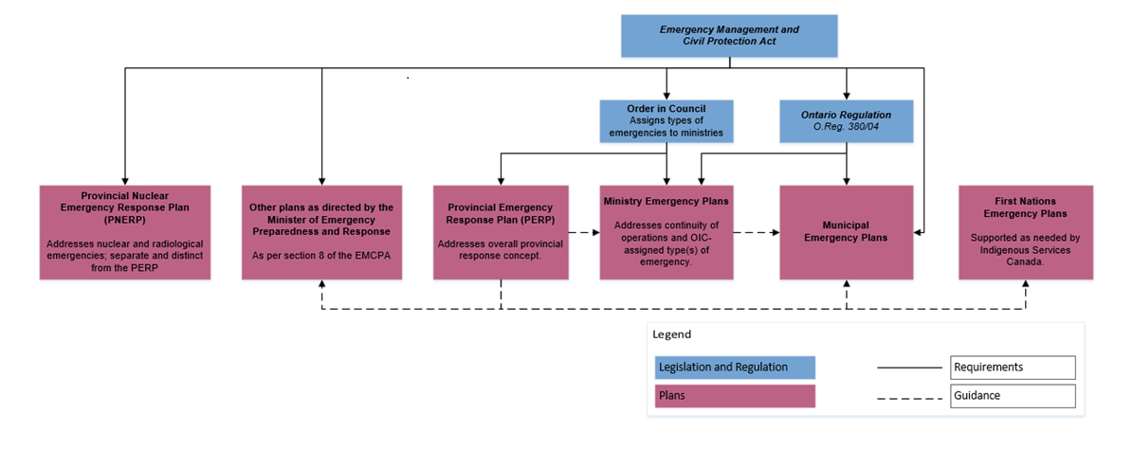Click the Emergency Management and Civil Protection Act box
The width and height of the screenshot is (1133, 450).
click(728, 35)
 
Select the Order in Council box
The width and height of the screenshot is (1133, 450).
click(667, 120)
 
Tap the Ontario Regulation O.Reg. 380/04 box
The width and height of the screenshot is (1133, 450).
click(846, 120)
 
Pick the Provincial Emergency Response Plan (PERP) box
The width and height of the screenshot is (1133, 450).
click(500, 232)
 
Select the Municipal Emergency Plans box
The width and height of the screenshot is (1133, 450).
click(846, 232)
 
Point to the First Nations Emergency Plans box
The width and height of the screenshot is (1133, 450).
click(1025, 232)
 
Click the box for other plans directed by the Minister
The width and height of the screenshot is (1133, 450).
click(320, 232)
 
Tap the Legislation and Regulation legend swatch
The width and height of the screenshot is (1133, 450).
click(735, 367)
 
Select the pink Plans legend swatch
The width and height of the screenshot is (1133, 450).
click(735, 396)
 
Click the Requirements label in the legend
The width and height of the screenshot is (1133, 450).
click(1013, 367)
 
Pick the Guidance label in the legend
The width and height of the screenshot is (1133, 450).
click(1013, 396)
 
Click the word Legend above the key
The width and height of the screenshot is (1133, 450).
click(672, 334)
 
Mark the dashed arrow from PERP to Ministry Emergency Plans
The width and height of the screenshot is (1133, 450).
click(583, 230)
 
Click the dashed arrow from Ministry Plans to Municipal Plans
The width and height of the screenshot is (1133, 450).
click(756, 230)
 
